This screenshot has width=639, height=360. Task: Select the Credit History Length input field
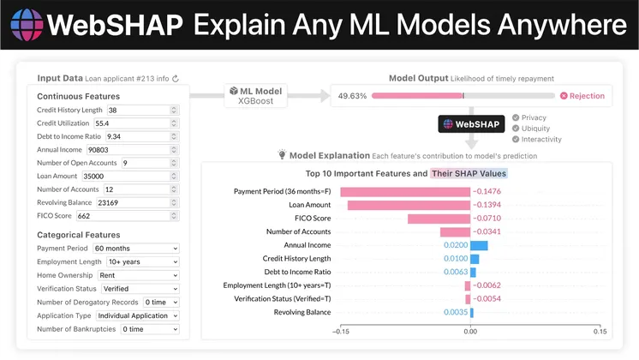[x=142, y=111]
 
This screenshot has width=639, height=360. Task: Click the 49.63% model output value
[x=353, y=96]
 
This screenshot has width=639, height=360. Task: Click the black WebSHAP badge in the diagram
[x=470, y=123]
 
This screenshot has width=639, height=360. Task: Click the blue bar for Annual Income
[x=479, y=245]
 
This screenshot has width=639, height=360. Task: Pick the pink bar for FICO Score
[x=439, y=219]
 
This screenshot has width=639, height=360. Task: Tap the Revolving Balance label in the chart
[x=302, y=312]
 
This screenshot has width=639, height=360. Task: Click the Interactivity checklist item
[x=541, y=139]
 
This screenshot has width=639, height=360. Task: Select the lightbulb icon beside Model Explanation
[x=282, y=155]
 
